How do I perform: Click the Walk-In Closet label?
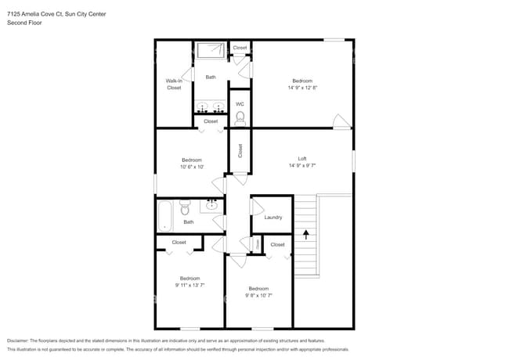[x=174, y=84]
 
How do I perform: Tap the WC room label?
[x=240, y=104]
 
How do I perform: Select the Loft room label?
[x=302, y=159]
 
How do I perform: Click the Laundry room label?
[x=273, y=217]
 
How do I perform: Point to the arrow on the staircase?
[x=305, y=232]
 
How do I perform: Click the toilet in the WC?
[x=240, y=118]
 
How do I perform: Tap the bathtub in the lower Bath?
[x=164, y=216]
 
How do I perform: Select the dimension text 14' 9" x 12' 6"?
[x=302, y=88]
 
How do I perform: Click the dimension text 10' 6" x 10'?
[x=191, y=167]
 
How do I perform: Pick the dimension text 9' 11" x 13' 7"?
[x=190, y=285]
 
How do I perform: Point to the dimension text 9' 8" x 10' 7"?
[x=258, y=295]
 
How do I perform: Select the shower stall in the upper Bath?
[x=210, y=51]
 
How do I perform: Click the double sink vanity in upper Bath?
[x=210, y=107]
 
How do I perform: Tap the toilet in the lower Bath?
[x=186, y=208]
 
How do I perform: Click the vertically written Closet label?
[x=240, y=150]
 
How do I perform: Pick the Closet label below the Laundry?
[x=278, y=245]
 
